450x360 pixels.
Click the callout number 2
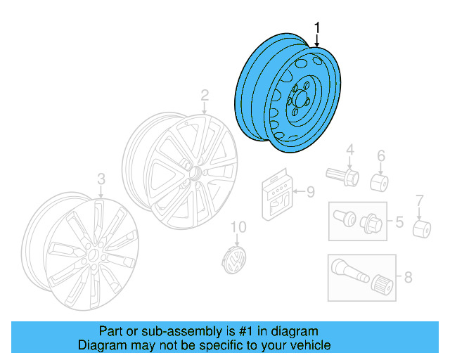pyautogui.click(x=205, y=95)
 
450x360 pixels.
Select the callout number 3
pyautogui.click(x=101, y=179)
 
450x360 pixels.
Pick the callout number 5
pyautogui.click(x=399, y=223)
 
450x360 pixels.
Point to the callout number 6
pyautogui.click(x=381, y=155)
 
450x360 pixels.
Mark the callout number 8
pyautogui.click(x=408, y=277)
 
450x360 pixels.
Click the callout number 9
pyautogui.click(x=310, y=191)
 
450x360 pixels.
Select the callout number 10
pyautogui.click(x=240, y=226)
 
